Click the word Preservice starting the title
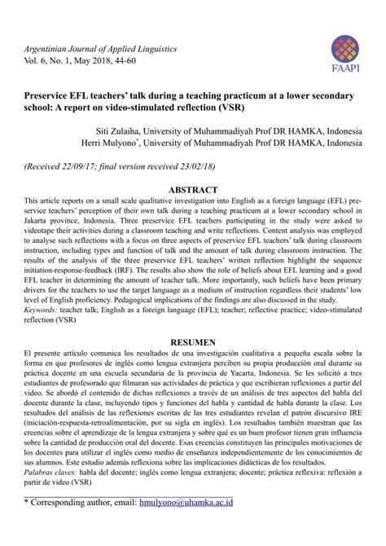point(51,96)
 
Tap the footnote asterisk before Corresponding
point(26,526)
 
